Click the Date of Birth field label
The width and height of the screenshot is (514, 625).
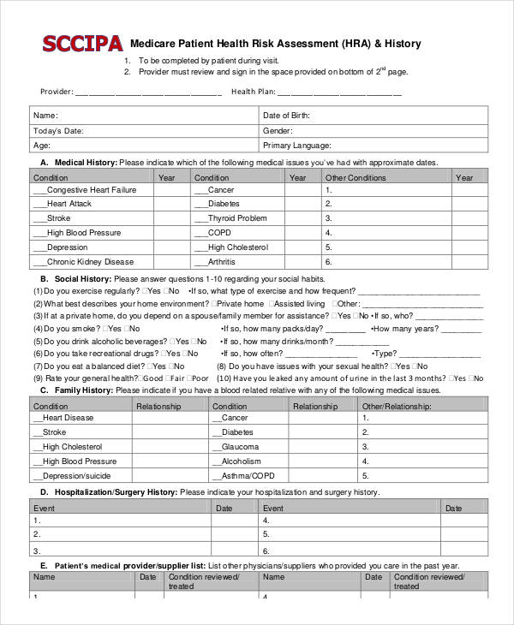coord(286,116)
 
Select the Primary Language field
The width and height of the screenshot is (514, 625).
coord(296,146)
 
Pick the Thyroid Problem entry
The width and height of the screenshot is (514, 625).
coord(237,218)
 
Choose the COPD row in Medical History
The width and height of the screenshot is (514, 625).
coord(219,233)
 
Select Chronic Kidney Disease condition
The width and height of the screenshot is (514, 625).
coord(90,262)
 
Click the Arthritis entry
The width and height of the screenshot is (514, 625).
coord(221,262)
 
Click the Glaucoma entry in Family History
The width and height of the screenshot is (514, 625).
coord(239,447)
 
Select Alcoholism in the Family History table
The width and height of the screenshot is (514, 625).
coord(242,461)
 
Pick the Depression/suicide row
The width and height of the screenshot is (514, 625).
coord(77,476)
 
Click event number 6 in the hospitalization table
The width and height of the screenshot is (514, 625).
coord(266,550)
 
